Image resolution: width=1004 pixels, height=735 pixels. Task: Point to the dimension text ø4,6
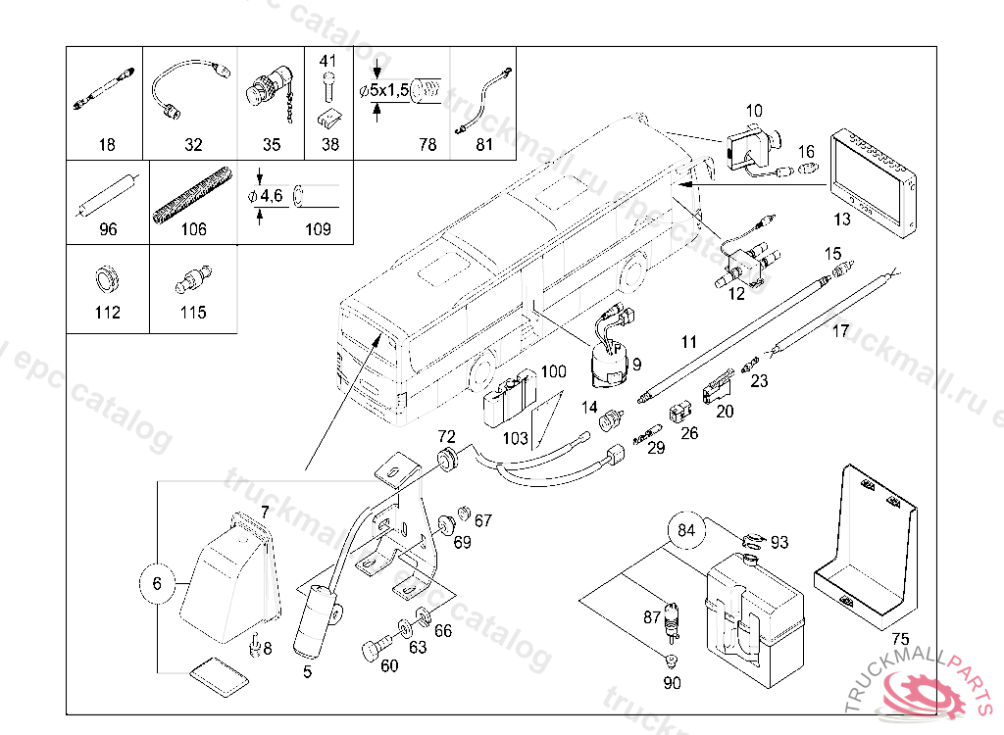pyautogui.click(x=265, y=196)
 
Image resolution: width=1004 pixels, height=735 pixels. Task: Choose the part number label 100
pyautogui.click(x=554, y=372)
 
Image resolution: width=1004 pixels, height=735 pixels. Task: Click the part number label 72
pyautogui.click(x=446, y=435)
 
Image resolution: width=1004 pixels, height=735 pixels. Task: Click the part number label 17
pyautogui.click(x=840, y=331)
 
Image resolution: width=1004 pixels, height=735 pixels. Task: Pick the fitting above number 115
pyautogui.click(x=191, y=278)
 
